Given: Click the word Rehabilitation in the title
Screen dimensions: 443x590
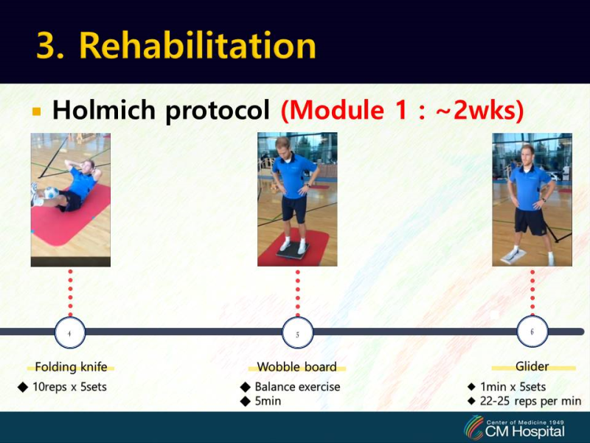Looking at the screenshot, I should pos(198,46).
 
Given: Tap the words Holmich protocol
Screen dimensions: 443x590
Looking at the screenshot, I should pos(161,111).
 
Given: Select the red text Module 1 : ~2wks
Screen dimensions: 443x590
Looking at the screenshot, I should pos(402,111).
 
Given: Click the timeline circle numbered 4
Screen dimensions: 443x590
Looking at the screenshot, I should pos(70,333).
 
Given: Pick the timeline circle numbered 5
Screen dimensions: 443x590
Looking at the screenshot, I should pos(297,333).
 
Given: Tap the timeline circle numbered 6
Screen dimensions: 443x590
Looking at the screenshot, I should pos(532,332).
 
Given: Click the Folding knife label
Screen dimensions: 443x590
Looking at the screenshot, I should pos(71,367).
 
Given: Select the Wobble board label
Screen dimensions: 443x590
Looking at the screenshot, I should pos(296,367).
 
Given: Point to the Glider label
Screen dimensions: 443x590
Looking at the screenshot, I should pos(532,366).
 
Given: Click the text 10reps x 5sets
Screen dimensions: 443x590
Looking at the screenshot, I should pos(69,386).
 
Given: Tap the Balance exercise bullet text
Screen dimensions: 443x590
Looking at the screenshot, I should pos(297,386).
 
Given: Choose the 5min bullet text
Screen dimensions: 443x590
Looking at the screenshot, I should pos(268,401).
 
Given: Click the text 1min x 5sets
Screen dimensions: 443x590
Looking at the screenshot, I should pos(513,386).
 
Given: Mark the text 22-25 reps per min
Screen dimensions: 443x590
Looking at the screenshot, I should pos(530,401).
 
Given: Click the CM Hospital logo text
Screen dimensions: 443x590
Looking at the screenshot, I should pos(525,430).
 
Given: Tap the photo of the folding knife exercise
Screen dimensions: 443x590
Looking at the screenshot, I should pos(70,199).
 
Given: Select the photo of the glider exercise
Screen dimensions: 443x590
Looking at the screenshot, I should pos(532,199).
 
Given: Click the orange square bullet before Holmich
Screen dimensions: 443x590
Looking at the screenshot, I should pos(36,111).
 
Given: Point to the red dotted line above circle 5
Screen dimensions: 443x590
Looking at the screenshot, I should pos(297,292).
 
